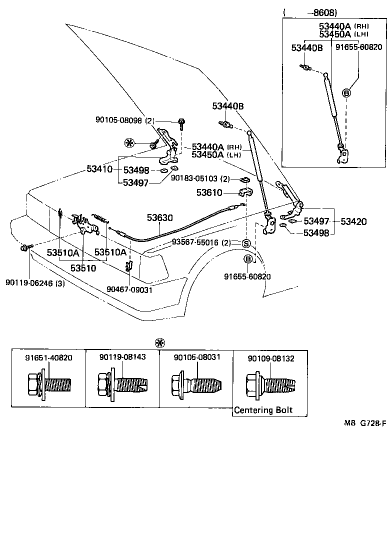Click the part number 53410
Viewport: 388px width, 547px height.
(99, 169)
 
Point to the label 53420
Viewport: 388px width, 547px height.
(353, 221)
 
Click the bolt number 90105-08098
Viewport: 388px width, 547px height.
(119, 120)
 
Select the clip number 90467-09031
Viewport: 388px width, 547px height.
(129, 289)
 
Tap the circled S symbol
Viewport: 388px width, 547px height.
(246, 243)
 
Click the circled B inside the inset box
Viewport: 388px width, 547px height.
(346, 92)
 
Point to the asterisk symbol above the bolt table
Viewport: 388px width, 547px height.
(160, 343)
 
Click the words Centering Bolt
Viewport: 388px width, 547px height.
(263, 410)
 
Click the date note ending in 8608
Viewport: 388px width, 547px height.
(310, 11)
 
